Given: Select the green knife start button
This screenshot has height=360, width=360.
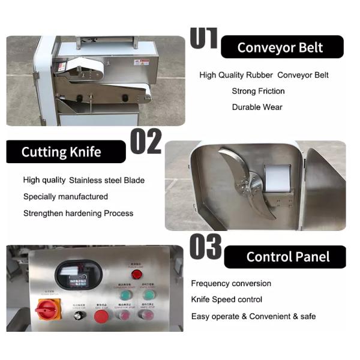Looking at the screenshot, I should [149, 295].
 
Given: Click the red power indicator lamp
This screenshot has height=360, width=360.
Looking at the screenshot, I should [136, 275].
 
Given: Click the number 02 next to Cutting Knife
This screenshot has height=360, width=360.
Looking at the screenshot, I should [146, 142].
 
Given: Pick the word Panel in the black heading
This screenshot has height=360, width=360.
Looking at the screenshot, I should [313, 257].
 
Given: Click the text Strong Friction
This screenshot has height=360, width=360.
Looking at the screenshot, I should [258, 91].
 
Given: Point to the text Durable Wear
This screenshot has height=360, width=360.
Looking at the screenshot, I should [257, 107].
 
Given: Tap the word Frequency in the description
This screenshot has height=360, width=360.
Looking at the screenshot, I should [210, 283].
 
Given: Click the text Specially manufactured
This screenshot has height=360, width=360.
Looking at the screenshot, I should [65, 196].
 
